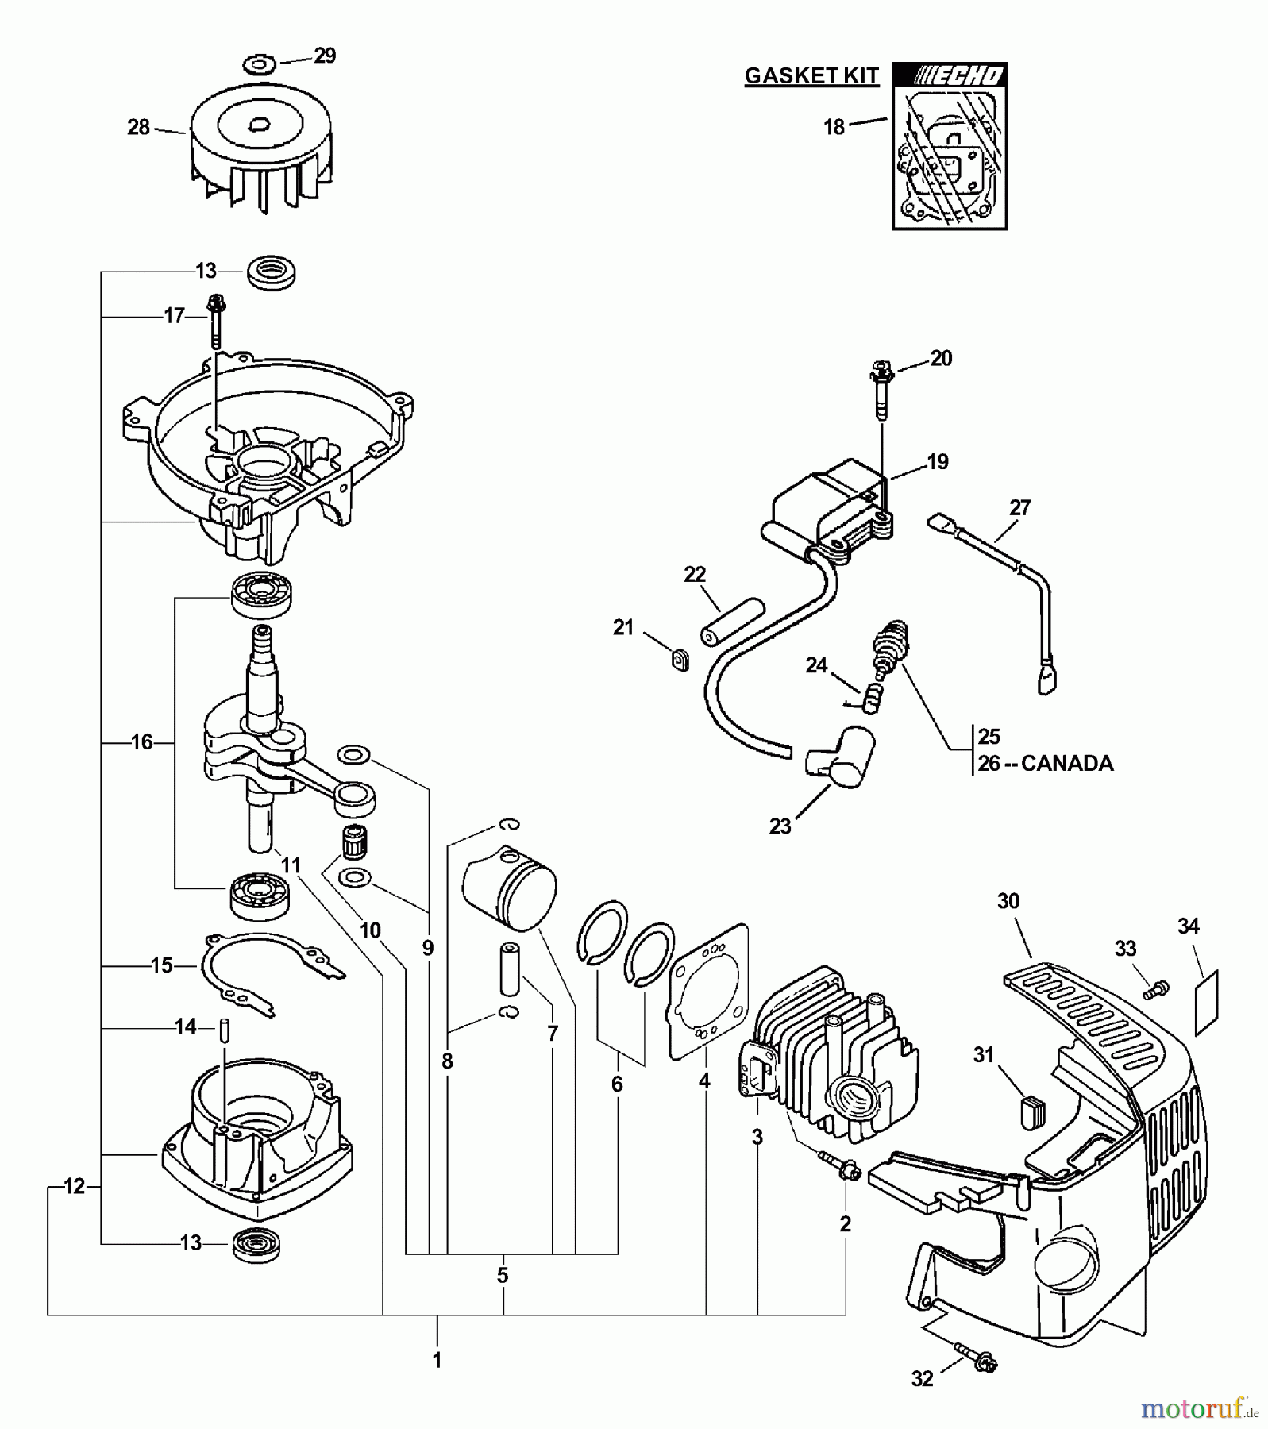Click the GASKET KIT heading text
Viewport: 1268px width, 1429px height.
click(811, 76)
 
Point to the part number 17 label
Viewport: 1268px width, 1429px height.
click(174, 317)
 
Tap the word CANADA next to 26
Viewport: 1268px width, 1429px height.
click(1067, 764)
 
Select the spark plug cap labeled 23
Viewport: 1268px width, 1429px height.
click(839, 757)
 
